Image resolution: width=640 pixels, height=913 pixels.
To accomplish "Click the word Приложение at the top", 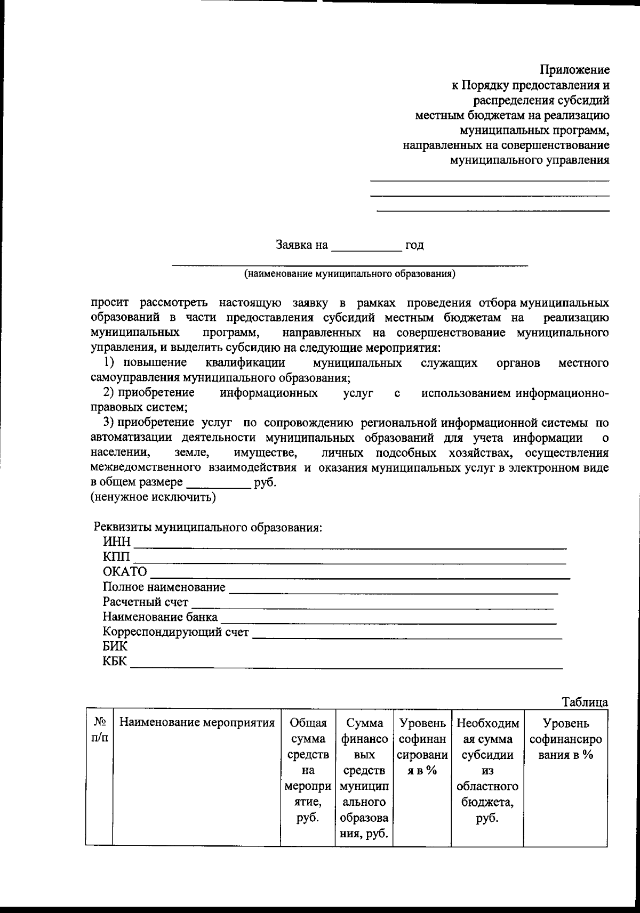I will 574,70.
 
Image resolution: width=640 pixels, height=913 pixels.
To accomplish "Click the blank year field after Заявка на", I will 366,246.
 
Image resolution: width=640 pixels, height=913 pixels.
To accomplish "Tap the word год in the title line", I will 414,246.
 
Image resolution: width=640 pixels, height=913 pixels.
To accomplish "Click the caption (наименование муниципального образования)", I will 349,274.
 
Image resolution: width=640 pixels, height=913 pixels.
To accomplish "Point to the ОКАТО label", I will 125,572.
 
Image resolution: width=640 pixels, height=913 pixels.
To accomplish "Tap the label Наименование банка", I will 160,617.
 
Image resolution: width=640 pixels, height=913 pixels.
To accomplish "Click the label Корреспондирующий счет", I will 175,632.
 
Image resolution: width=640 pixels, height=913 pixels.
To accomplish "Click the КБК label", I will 115,662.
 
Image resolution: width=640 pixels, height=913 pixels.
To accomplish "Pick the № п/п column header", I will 99,731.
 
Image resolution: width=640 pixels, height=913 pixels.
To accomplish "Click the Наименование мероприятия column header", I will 196,723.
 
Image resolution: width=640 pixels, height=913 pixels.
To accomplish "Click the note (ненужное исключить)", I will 152,498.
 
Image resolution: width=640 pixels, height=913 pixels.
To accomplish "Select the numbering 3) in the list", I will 109,423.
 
